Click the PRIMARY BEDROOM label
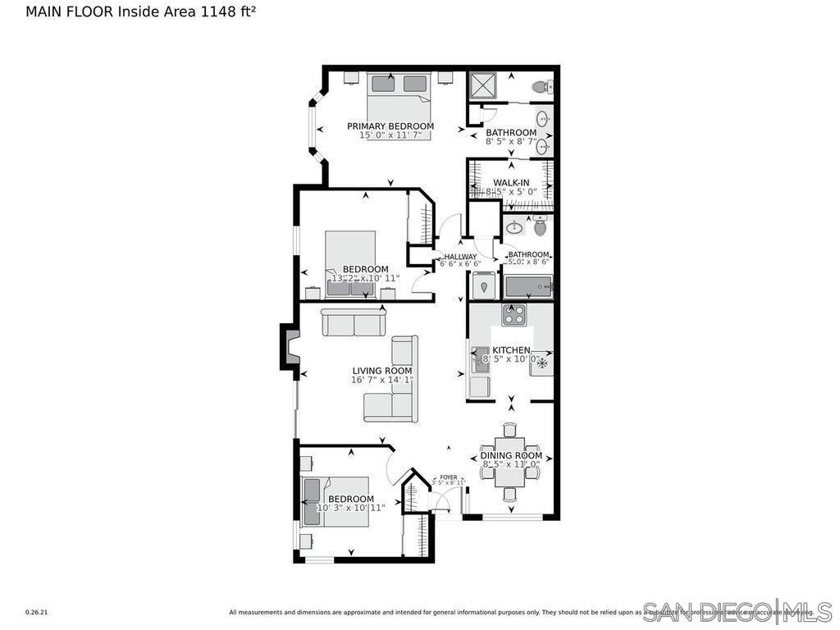coord(390,126)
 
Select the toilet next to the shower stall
coord(541,86)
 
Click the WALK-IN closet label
coord(510,183)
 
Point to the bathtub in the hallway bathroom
coord(527,287)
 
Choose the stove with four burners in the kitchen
coord(514,315)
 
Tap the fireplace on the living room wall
coord(290,345)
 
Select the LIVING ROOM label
coord(382,371)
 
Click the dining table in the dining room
coord(510,461)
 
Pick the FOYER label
coord(449,477)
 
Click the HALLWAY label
coord(460,257)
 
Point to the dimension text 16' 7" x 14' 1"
coord(382,380)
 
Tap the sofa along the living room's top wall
coord(354,322)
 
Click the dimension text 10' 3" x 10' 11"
coord(351,508)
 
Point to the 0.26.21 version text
coord(37,612)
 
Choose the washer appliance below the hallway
coord(484,287)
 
